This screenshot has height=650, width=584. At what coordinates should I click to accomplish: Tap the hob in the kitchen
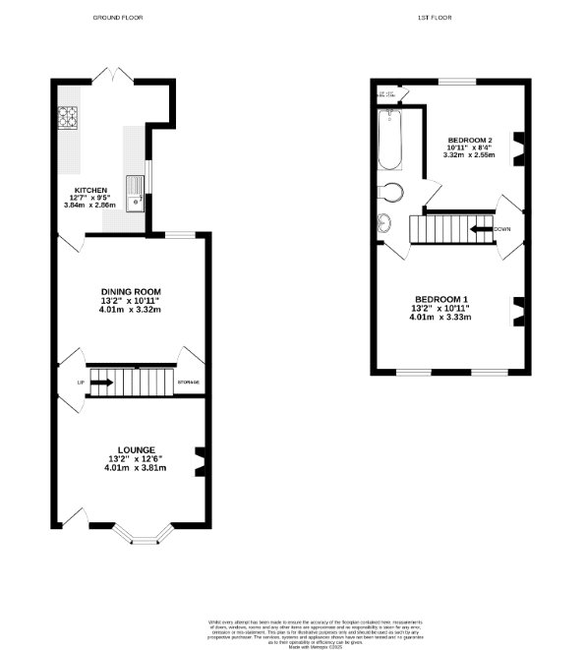[x=67, y=118]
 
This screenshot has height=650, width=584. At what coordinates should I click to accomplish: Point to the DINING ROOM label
[x=132, y=291]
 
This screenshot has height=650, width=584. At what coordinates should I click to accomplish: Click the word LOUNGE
[x=132, y=450]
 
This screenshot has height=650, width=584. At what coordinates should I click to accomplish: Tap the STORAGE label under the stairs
[x=188, y=382]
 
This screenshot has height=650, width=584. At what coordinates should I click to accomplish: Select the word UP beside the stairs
[x=81, y=382]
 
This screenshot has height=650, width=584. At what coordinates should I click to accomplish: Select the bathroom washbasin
[x=382, y=224]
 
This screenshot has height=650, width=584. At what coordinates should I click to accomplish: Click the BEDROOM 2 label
[x=469, y=141]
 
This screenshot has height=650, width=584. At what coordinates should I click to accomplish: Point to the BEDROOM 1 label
[x=440, y=299]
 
